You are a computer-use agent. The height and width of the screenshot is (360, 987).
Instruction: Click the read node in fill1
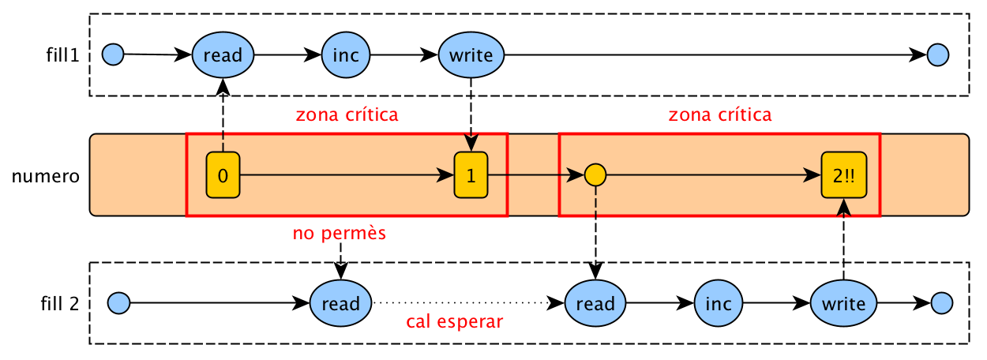pos(223,55)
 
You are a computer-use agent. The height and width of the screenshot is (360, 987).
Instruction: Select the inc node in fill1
pos(346,55)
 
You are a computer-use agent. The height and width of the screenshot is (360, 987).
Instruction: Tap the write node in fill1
pos(471,55)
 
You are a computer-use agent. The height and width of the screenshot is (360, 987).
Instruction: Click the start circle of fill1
pos(114,54)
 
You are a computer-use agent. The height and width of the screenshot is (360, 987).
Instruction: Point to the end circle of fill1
pos(937,54)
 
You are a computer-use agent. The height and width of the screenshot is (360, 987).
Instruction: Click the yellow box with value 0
pos(223,175)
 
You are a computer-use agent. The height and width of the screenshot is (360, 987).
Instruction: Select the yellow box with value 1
pos(471,175)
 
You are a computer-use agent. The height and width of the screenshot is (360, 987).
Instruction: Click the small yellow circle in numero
pos(595,174)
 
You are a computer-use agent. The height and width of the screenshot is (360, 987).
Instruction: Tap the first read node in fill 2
pos(340,303)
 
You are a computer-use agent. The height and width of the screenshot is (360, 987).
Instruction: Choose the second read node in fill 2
pos(595,303)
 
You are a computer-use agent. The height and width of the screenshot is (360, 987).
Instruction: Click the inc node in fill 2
pos(719,303)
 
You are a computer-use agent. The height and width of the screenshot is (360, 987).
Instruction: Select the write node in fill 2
pos(843,303)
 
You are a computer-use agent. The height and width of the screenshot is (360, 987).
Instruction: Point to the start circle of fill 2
pos(118,302)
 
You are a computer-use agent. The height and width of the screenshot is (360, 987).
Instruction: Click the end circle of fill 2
pos(942,302)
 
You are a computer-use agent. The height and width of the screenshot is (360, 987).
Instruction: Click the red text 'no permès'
pos(339,234)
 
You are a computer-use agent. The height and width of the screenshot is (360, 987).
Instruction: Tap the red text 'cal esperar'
pos(455,322)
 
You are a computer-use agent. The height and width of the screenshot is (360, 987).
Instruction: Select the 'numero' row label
pos(46,175)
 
